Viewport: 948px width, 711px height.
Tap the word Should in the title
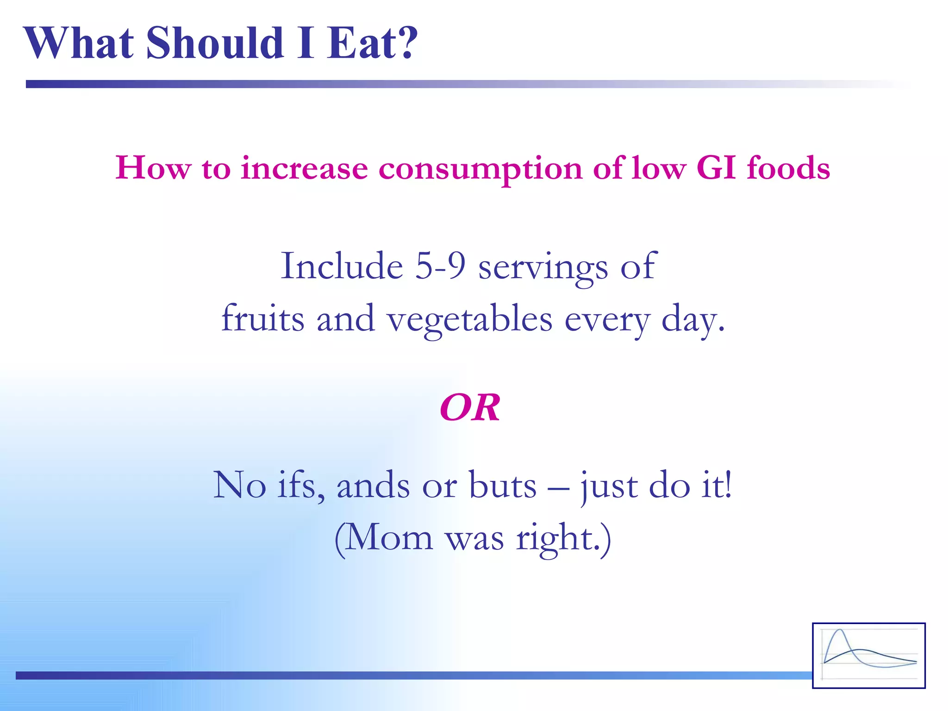[215, 43]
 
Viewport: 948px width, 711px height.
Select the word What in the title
[79, 43]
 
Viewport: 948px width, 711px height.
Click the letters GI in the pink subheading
[716, 168]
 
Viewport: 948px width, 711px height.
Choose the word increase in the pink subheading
[304, 168]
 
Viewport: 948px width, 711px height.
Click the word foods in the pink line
[788, 168]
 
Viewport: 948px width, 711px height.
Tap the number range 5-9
[440, 266]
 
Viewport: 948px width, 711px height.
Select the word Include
[342, 266]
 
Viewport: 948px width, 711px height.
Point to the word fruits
[262, 318]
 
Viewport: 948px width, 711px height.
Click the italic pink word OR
[470, 408]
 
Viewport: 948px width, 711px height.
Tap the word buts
[503, 485]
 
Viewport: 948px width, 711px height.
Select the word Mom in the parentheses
[388, 538]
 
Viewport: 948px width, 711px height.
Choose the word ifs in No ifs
[300, 485]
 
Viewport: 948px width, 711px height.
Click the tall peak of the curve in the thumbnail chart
[839, 631]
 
